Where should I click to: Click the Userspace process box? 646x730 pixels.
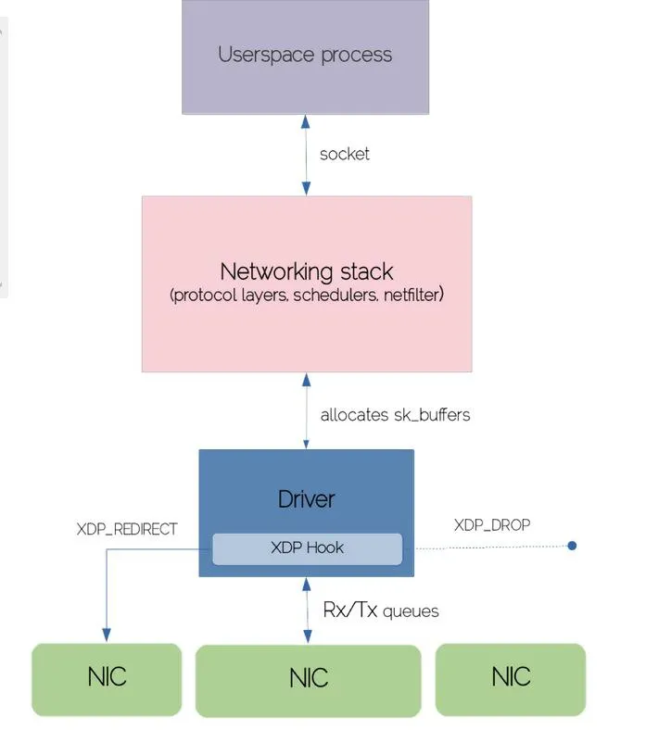click(x=305, y=57)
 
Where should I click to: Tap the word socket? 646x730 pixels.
click(x=344, y=154)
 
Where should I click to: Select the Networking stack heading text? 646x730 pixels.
click(x=307, y=271)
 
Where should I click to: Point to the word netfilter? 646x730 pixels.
click(x=413, y=295)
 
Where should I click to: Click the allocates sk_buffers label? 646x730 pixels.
click(x=395, y=415)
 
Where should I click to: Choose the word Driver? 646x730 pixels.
click(x=306, y=499)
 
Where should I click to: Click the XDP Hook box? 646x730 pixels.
click(x=308, y=549)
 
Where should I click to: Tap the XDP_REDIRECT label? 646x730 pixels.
click(x=127, y=529)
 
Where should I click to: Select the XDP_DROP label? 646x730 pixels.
click(x=492, y=525)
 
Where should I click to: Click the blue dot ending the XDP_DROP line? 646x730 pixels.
click(x=572, y=546)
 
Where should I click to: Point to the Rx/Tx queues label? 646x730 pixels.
click(x=381, y=610)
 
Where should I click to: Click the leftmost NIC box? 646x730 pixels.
click(x=107, y=679)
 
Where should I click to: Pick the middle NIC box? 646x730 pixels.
click(x=309, y=681)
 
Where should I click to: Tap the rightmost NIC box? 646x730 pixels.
click(x=511, y=679)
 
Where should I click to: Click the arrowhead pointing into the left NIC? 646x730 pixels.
click(x=107, y=635)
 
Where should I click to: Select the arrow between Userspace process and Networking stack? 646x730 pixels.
click(x=306, y=155)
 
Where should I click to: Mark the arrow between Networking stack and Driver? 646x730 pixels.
click(x=306, y=410)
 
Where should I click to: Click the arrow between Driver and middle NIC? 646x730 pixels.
click(x=307, y=610)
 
